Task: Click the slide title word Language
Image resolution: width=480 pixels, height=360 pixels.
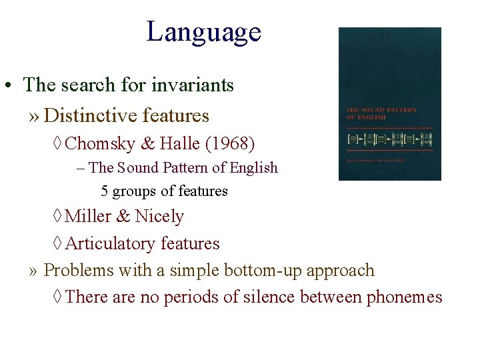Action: point(203,31)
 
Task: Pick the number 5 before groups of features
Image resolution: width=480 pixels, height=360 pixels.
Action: point(105,191)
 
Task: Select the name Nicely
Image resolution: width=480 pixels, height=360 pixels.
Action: point(159,217)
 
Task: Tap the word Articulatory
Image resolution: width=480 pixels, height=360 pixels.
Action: point(111,244)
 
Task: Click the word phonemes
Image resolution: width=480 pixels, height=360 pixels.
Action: point(404,297)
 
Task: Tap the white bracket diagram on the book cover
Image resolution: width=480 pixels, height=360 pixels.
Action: point(389,139)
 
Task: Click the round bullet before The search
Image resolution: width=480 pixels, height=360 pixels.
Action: point(9,87)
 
